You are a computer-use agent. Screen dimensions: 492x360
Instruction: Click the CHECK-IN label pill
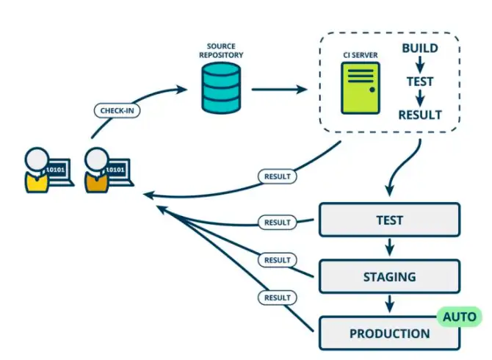pyautogui.click(x=117, y=110)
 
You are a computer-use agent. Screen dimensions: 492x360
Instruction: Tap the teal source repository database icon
pyautogui.click(x=221, y=88)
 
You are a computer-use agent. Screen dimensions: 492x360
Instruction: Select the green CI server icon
pyautogui.click(x=361, y=88)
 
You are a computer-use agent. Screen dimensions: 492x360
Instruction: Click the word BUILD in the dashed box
pyautogui.click(x=420, y=48)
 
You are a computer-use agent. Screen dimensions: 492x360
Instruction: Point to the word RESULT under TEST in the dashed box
pyautogui.click(x=420, y=115)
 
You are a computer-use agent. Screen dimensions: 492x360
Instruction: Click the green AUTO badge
pyautogui.click(x=460, y=317)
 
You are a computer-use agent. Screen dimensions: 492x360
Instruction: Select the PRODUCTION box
pyautogui.click(x=389, y=334)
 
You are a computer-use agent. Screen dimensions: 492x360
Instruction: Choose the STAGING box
pyautogui.click(x=389, y=276)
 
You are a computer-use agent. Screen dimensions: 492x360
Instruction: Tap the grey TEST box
pyautogui.click(x=389, y=220)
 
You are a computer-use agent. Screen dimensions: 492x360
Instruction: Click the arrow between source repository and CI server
pyautogui.click(x=279, y=90)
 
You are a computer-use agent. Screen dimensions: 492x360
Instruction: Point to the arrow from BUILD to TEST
pyautogui.click(x=420, y=65)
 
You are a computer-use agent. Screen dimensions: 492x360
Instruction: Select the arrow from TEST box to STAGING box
pyautogui.click(x=389, y=247)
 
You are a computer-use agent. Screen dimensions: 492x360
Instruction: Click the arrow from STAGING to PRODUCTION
pyautogui.click(x=389, y=303)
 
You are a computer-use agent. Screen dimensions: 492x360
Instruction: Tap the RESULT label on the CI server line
pyautogui.click(x=278, y=176)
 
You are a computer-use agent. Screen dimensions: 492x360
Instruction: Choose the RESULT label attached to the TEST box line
pyautogui.click(x=278, y=223)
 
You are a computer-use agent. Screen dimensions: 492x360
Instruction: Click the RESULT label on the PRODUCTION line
pyautogui.click(x=278, y=298)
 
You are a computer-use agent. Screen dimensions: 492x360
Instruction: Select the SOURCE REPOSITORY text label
pyautogui.click(x=221, y=51)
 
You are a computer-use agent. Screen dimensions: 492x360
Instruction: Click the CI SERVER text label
pyautogui.click(x=361, y=55)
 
